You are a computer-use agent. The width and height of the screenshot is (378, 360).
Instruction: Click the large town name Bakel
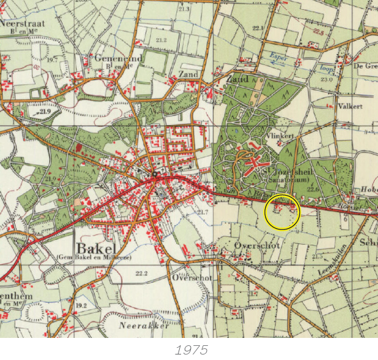tap(98, 248)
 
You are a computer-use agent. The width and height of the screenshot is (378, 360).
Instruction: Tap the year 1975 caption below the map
tap(191, 350)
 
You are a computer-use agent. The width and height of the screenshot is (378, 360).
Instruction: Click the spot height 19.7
tap(52, 60)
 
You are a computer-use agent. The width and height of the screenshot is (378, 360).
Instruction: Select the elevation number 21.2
tap(161, 40)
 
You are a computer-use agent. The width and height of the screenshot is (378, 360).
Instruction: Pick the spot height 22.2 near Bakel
tap(142, 273)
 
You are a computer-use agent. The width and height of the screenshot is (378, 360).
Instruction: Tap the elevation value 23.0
tap(326, 79)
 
